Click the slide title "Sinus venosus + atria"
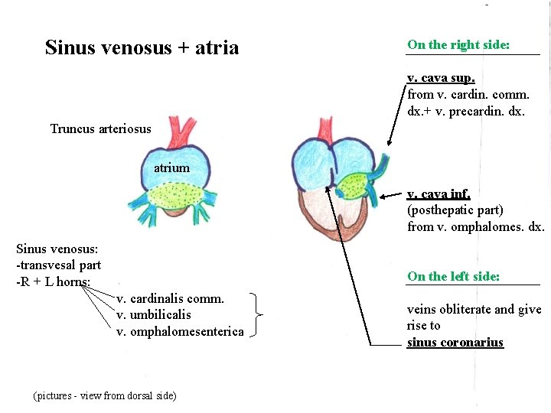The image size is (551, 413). [x=142, y=47]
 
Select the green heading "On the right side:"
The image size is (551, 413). [x=458, y=44]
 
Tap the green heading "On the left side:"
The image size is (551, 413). [x=454, y=276]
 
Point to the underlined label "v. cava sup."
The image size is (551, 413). [x=441, y=78]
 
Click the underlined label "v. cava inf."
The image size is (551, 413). [x=439, y=194]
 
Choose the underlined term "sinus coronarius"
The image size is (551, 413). [x=455, y=342]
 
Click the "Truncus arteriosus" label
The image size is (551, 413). [x=100, y=128]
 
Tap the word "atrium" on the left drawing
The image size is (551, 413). [x=171, y=167]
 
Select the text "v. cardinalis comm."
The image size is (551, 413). [x=170, y=298]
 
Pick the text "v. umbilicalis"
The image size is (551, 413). [x=154, y=314]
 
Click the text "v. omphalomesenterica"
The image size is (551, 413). [x=180, y=331]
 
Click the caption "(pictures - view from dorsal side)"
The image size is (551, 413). [x=105, y=395]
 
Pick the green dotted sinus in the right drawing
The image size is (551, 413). [x=353, y=185]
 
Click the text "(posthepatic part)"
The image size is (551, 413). [x=455, y=210]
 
